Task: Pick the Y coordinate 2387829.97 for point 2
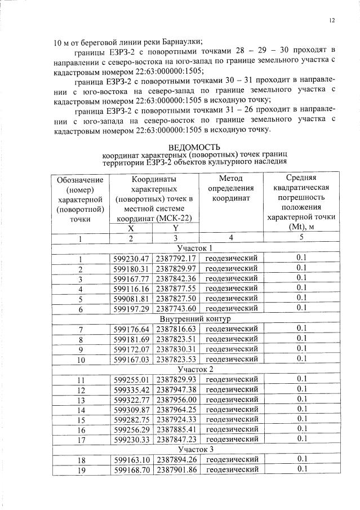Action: (176, 268)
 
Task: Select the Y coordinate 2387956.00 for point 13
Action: (176, 399)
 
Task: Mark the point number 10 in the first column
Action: (81, 359)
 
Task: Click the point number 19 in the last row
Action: (81, 469)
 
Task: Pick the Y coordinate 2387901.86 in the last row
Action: (176, 469)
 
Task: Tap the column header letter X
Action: (131, 228)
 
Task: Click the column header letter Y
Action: (175, 228)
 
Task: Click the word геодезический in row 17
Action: (230, 439)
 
